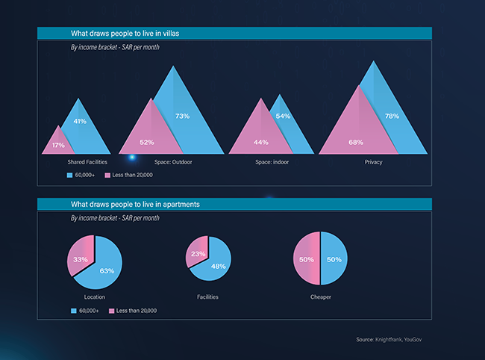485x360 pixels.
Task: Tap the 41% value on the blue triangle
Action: (80, 121)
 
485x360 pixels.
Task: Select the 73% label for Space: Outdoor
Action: (183, 116)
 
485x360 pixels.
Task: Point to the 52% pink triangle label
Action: (147, 142)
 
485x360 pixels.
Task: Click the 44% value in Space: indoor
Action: (260, 142)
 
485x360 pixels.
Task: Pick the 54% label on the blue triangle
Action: (284, 116)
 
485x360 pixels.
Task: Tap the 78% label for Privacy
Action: (392, 116)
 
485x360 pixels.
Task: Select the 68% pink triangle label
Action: (356, 142)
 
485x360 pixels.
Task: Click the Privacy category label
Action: (374, 162)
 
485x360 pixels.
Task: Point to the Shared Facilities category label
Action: (87, 162)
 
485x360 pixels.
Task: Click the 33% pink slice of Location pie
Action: (80, 259)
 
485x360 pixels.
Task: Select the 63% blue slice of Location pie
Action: (106, 270)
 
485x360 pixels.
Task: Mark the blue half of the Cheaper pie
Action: (334, 259)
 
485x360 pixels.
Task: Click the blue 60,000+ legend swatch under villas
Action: (69, 175)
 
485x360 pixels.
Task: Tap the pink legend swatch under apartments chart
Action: (112, 310)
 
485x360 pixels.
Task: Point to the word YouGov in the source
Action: (418, 340)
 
